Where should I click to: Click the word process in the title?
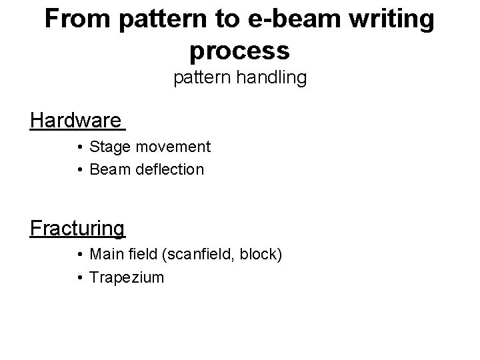coord(239,49)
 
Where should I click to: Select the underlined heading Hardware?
coord(76,121)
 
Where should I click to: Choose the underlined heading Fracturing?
coord(77,228)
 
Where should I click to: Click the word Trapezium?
coord(126,277)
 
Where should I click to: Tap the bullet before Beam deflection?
coord(79,170)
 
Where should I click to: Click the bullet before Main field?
coord(79,255)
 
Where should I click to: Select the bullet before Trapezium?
coord(79,277)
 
